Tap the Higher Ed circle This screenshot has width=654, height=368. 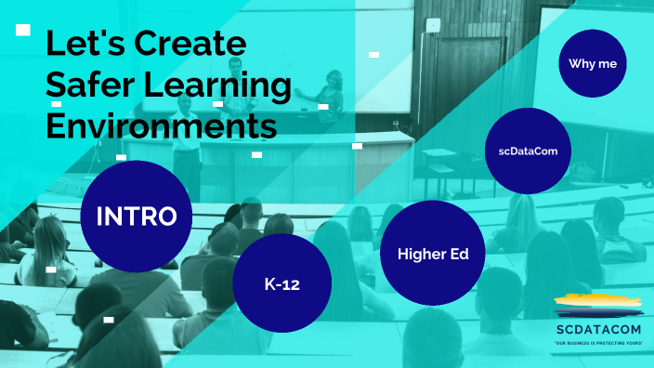432,253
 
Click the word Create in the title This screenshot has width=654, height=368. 191,43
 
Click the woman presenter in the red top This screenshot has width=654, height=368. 327,93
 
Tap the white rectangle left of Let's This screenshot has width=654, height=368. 24,30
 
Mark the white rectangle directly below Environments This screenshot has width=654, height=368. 256,154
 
